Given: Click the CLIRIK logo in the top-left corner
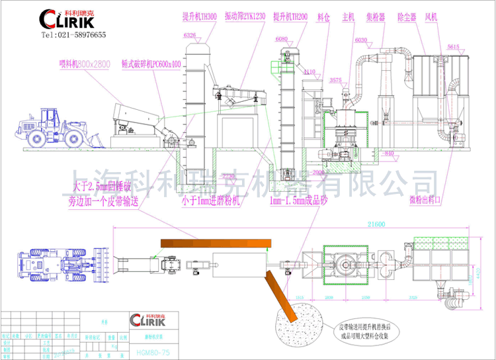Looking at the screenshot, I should click(x=67, y=18).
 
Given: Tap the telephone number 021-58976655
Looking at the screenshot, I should click(x=73, y=34).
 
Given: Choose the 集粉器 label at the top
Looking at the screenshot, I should click(x=375, y=15).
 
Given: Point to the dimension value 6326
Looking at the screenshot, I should click(x=190, y=34).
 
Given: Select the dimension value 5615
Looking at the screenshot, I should click(x=453, y=47).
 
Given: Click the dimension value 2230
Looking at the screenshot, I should click(x=227, y=176).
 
